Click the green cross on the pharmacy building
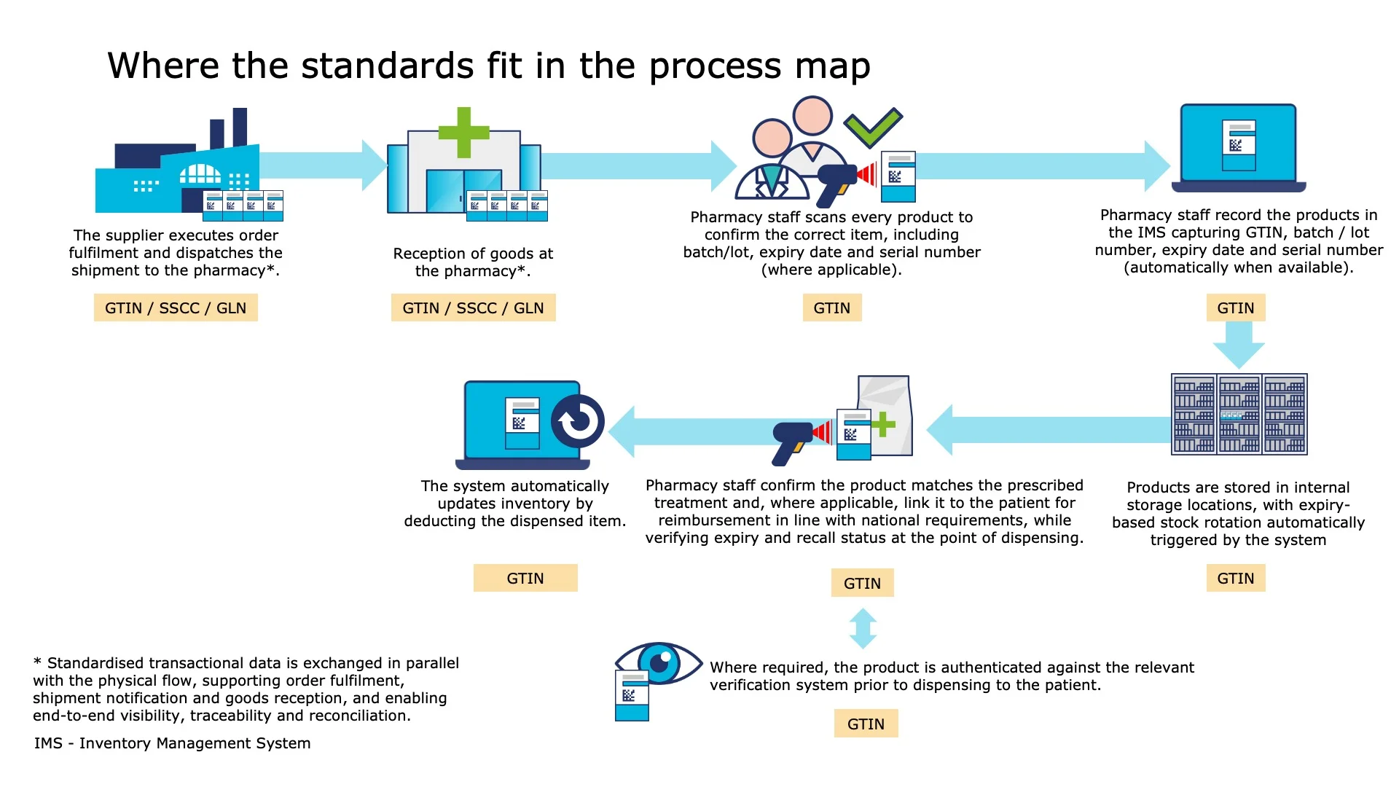[x=463, y=133]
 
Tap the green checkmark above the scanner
[x=873, y=127]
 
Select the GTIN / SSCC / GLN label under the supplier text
[x=176, y=308]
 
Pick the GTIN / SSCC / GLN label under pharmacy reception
[x=473, y=308]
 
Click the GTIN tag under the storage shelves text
[x=1236, y=579]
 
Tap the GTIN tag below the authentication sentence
[x=866, y=724]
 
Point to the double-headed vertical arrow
[x=863, y=628]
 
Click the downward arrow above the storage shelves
[x=1239, y=344]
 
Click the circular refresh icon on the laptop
[x=578, y=421]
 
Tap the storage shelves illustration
[x=1239, y=414]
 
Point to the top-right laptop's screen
[x=1239, y=143]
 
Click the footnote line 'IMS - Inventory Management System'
[x=172, y=743]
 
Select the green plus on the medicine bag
[x=882, y=424]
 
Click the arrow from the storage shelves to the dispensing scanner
[x=1049, y=430]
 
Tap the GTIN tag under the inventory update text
[x=525, y=579]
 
